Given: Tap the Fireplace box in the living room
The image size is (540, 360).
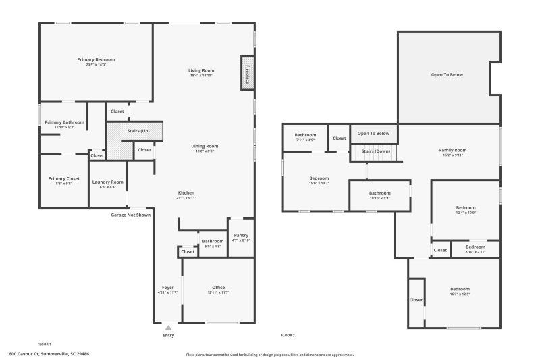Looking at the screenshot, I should click(247, 73).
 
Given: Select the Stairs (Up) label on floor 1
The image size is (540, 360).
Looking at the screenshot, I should click(138, 130).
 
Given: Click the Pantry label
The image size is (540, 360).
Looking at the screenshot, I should click(241, 235).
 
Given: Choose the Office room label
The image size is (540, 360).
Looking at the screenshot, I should click(218, 287).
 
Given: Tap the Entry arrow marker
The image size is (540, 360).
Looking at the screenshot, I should click(168, 328).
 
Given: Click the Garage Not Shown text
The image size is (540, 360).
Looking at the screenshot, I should click(131, 215).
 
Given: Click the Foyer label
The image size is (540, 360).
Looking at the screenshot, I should click(167, 287).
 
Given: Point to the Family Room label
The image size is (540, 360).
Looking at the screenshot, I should click(452, 149).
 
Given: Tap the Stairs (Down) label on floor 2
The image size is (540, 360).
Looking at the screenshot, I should click(375, 151).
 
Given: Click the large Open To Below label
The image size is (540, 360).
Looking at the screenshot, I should click(447, 74).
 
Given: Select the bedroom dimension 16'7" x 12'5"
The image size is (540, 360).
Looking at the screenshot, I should click(460, 294).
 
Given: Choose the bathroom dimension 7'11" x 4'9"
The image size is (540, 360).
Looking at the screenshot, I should click(305, 140).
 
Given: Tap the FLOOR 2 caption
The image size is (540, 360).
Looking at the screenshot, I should click(288, 335).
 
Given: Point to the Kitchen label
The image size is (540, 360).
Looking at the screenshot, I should click(186, 192).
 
